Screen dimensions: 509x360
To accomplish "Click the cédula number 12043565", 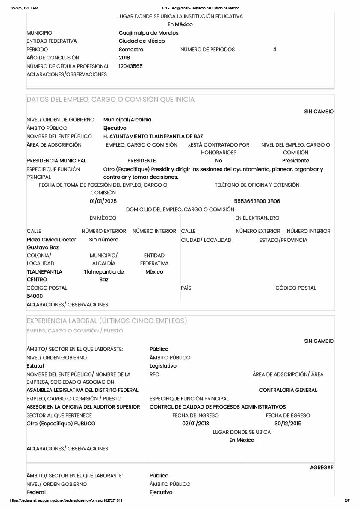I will (131, 66).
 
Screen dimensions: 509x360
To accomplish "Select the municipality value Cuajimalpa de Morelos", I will (148, 33).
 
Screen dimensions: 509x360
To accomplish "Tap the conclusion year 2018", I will (124, 58).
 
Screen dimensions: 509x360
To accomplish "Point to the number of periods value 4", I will (274, 50).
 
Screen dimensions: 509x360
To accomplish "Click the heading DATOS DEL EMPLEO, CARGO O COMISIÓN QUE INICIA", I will (110, 100).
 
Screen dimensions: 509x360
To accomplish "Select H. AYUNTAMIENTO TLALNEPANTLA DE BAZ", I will (153, 136).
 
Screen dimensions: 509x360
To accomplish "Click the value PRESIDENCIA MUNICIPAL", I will (56, 161).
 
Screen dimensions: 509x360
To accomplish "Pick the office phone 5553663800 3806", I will (257, 201).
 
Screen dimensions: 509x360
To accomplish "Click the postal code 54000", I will (35, 296).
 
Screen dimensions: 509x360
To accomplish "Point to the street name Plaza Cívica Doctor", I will (51, 240).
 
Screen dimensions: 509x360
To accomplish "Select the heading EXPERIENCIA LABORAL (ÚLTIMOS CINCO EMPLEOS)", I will (106, 321).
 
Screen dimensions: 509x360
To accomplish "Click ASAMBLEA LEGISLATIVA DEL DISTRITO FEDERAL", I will (83, 390).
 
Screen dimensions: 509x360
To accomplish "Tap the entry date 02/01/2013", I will (195, 424).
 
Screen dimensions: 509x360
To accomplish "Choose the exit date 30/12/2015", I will (288, 424).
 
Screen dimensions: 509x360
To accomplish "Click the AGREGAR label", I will (322, 468).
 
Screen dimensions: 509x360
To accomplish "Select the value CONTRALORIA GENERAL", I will (288, 390).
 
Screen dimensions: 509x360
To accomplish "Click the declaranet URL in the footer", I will (66, 500).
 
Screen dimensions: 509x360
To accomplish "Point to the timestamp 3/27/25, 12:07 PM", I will (24, 8).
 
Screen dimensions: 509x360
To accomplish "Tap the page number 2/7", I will (347, 500).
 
